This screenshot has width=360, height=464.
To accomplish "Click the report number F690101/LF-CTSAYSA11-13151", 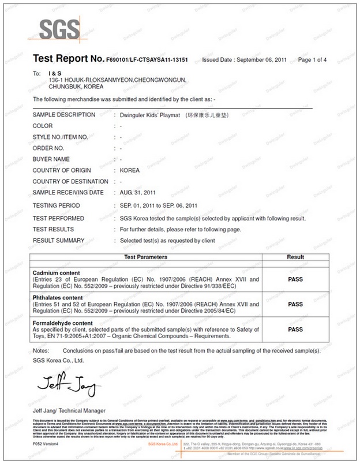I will coord(147,60).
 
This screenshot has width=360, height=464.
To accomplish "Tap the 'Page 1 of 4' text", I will coord(313,60).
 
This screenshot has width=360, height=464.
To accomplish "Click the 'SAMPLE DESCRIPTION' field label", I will coord(63,115).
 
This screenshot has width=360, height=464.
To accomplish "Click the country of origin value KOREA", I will coord(130,170).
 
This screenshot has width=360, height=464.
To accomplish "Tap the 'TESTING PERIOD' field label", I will coord(56,205).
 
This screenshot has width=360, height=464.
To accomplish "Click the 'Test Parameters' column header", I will coord(146,256).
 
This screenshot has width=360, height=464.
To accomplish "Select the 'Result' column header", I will coord(295,256).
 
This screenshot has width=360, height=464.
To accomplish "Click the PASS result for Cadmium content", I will coord(295,278).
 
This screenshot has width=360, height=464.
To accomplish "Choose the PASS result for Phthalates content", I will coord(295,304).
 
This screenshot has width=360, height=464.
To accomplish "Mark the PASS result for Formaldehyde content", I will coord(295,330).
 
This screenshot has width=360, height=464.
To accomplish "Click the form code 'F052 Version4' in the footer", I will coord(47,444).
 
